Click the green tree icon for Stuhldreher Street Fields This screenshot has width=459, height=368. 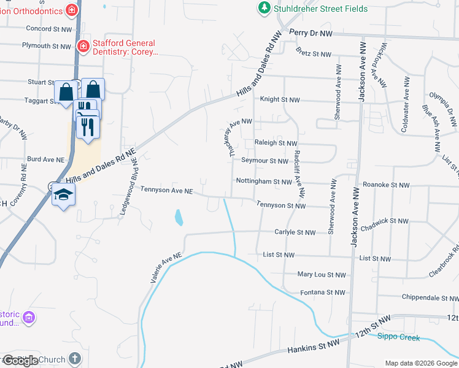[264, 8]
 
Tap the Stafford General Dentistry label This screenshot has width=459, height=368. [126, 48]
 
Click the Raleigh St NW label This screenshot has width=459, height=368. [276, 143]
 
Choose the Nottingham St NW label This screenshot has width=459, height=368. [264, 182]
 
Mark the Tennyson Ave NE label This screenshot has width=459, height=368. [167, 191]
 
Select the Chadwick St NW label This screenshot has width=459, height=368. [386, 221]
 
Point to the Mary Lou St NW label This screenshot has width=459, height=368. [322, 275]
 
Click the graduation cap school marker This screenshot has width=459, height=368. [63, 195]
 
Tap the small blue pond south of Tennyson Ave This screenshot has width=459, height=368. [178, 217]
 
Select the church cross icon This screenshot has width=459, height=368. [74, 358]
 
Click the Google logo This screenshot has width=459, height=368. [20, 361]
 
